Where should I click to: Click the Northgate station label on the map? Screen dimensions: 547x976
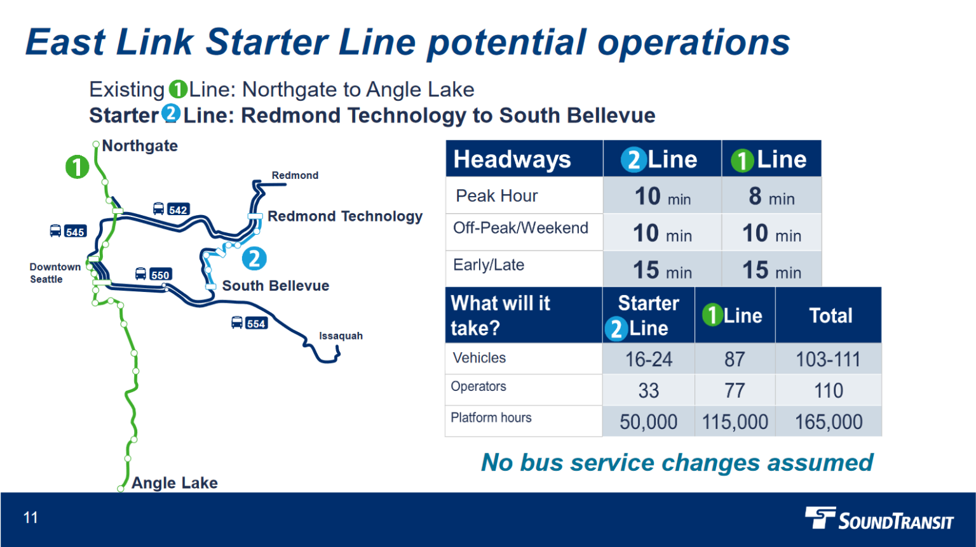(x=140, y=146)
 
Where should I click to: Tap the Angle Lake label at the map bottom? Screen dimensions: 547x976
(x=174, y=483)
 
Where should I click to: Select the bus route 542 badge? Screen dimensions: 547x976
(x=172, y=209)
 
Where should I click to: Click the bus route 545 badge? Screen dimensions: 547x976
(x=68, y=232)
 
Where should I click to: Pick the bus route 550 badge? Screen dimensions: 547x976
(x=154, y=275)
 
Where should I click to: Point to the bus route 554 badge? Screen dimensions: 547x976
(x=250, y=324)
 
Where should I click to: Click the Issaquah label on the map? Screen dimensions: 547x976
(x=341, y=336)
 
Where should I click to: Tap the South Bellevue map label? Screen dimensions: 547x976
(x=275, y=286)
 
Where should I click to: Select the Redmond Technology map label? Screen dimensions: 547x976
(x=344, y=216)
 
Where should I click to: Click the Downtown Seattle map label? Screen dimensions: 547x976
(x=55, y=273)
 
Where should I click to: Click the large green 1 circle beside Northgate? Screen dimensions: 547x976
(x=78, y=167)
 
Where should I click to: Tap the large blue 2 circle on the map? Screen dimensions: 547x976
(x=254, y=258)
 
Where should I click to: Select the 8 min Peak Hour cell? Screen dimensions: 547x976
(x=771, y=196)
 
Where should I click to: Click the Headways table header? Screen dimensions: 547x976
(x=512, y=159)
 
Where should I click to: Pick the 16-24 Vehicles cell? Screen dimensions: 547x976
(x=648, y=359)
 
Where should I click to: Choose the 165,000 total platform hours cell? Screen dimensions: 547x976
(x=829, y=422)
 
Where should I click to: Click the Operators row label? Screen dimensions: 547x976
(x=478, y=386)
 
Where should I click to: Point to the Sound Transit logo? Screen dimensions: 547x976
(x=879, y=518)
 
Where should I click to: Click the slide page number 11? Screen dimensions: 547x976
(x=30, y=518)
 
